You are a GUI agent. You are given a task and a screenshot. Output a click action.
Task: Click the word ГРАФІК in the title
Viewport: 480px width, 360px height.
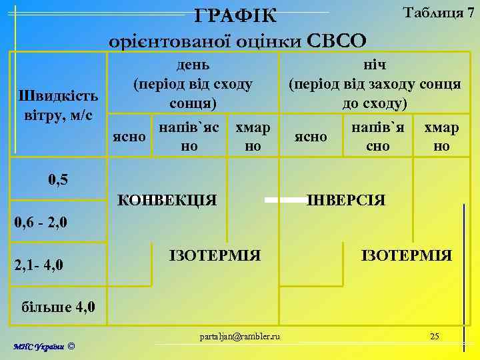click(x=237, y=15)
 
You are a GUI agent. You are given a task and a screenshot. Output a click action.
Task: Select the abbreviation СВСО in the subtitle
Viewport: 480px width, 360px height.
click(x=337, y=41)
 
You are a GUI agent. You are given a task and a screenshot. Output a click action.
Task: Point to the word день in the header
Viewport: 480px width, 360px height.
click(x=193, y=65)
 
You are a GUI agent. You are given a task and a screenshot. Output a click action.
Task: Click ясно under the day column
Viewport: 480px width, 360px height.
click(x=129, y=136)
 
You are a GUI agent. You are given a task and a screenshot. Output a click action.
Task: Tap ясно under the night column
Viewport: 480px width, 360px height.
click(x=311, y=137)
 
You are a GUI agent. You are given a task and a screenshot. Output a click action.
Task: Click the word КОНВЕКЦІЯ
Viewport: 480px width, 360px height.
click(x=167, y=199)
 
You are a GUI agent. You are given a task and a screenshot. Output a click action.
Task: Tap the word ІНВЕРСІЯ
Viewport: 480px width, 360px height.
click(x=345, y=199)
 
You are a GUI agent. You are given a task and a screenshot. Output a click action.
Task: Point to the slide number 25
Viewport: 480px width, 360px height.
click(x=434, y=335)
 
